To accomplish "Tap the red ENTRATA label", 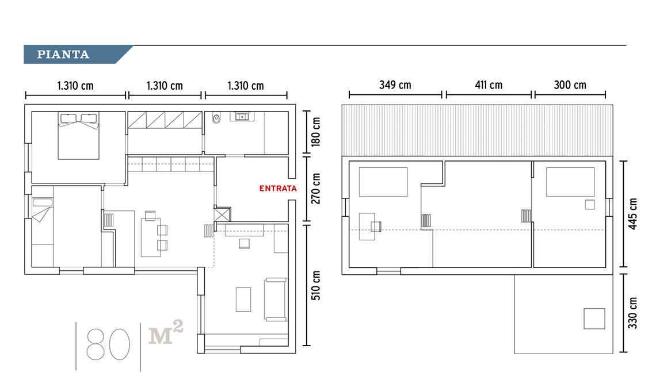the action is [x=278, y=189].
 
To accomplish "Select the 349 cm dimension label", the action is [x=395, y=85].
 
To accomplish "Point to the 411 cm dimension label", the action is [x=488, y=85].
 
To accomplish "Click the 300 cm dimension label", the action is [x=570, y=85].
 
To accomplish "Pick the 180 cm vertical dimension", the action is [x=316, y=132].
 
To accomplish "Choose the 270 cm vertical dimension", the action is [x=316, y=189].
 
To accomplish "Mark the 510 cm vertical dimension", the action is [x=316, y=285].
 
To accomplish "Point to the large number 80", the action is [x=108, y=344].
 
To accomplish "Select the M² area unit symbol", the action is [x=166, y=332].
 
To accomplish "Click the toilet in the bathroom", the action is [x=216, y=118].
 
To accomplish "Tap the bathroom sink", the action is [x=242, y=116].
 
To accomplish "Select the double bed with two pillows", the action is [x=79, y=136].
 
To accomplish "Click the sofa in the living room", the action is [x=276, y=300].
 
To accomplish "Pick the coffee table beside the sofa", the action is [x=243, y=300].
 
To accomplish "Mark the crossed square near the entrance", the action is [x=222, y=214].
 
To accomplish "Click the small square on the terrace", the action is [x=594, y=319].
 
